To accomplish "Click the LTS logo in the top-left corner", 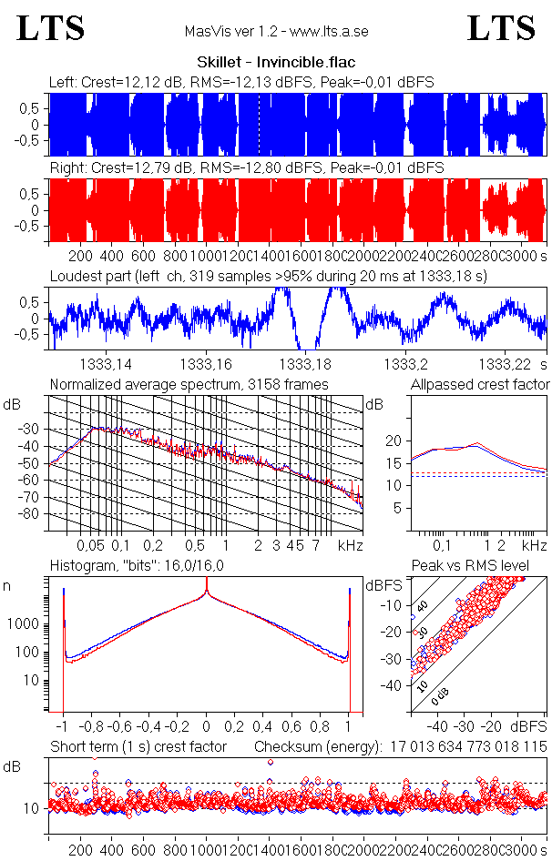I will click(51, 28).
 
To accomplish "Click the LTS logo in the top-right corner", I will click(501, 28).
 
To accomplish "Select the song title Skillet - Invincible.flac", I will click(275, 63).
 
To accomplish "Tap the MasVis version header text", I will click(275, 32).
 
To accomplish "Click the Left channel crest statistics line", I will click(241, 82).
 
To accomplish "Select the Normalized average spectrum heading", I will click(189, 384).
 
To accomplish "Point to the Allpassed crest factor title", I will click(480, 384).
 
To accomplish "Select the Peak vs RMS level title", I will click(471, 566).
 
